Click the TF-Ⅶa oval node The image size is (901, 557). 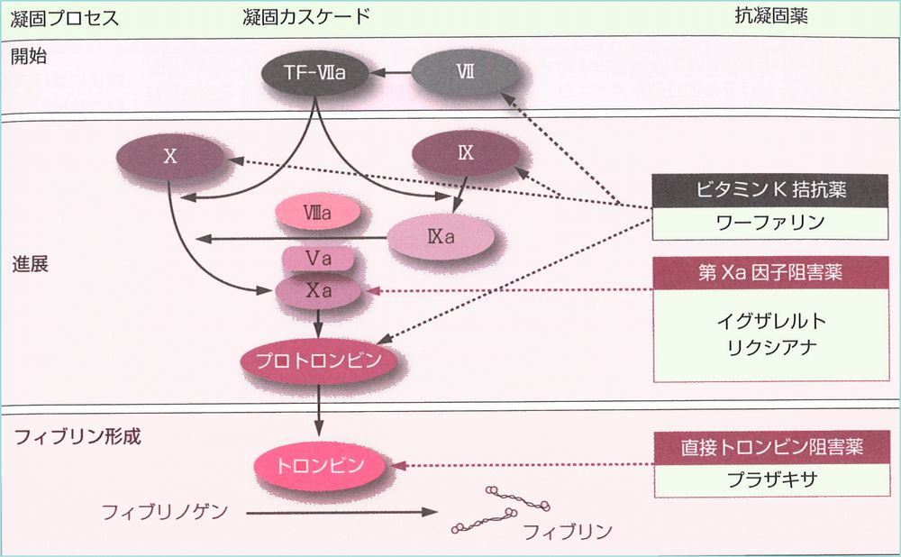(314, 72)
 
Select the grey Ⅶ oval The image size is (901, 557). (466, 72)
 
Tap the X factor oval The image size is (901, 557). (170, 156)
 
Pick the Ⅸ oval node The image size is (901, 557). (466, 152)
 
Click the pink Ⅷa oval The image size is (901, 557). (318, 212)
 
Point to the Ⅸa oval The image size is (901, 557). (441, 237)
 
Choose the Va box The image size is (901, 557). (318, 259)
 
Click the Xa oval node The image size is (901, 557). (318, 291)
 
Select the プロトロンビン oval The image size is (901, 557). (318, 361)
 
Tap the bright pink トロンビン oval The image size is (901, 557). (320, 465)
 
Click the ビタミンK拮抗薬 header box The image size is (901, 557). (770, 190)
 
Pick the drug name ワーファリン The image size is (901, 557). (770, 223)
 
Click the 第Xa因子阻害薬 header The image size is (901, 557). (770, 272)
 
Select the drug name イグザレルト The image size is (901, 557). (771, 321)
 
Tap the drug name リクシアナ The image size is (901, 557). (771, 347)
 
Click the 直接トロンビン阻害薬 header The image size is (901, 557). (772, 447)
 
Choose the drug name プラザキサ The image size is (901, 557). (772, 479)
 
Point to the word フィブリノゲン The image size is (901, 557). (165, 512)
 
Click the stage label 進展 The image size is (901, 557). (30, 264)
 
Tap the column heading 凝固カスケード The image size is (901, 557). (305, 16)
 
